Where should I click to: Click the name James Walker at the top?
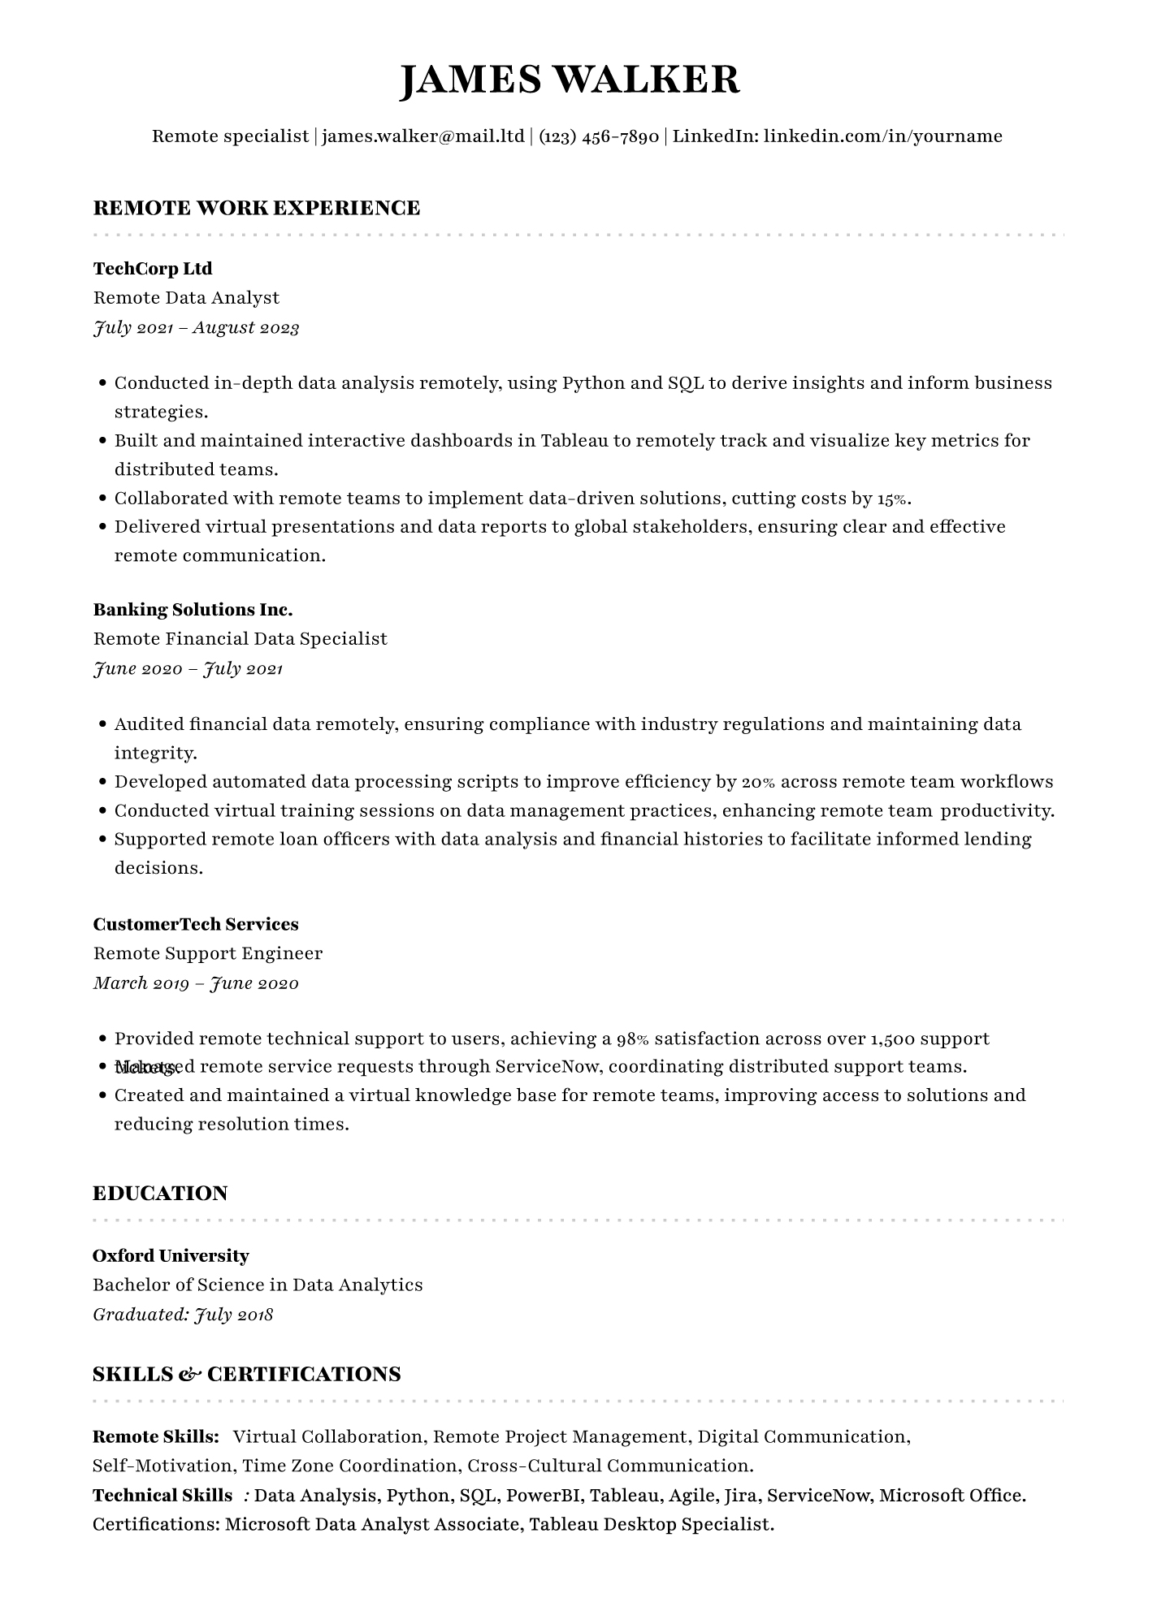pos(570,80)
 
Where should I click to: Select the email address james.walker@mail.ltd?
pos(423,136)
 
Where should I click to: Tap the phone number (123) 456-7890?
pos(598,136)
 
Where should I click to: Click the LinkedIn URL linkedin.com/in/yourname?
pos(882,136)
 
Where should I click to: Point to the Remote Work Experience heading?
pos(257,208)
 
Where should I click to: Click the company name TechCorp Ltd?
pos(153,269)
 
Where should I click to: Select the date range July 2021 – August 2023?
pos(197,328)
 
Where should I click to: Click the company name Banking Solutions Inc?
pos(193,610)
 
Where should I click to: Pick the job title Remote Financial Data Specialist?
pos(240,639)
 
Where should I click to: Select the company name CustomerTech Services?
pos(196,924)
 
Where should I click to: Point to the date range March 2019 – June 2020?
pos(197,983)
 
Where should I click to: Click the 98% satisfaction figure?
pos(633,1039)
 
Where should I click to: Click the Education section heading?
pos(160,1194)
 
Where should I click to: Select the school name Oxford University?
pos(171,1256)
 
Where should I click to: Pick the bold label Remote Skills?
pos(156,1437)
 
